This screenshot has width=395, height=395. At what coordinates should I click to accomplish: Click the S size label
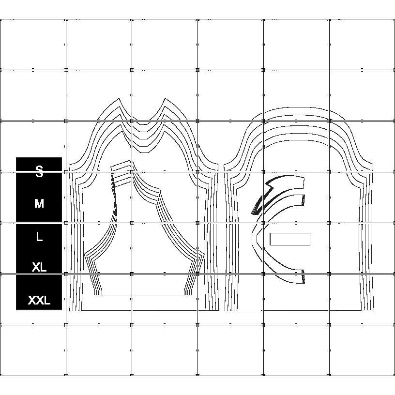pos(39,171)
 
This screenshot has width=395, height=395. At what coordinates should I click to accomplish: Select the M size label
pos(39,204)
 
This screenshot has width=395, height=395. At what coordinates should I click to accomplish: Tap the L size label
pos(39,237)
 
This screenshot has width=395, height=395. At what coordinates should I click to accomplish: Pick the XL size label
pos(39,267)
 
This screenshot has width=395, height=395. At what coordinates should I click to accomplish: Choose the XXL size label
pos(39,300)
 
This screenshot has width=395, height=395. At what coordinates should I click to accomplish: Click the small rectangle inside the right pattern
pos(289,239)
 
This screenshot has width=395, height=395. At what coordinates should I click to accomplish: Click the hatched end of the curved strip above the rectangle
pos(304,199)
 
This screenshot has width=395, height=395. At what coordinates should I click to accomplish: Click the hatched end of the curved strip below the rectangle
pos(304,276)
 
